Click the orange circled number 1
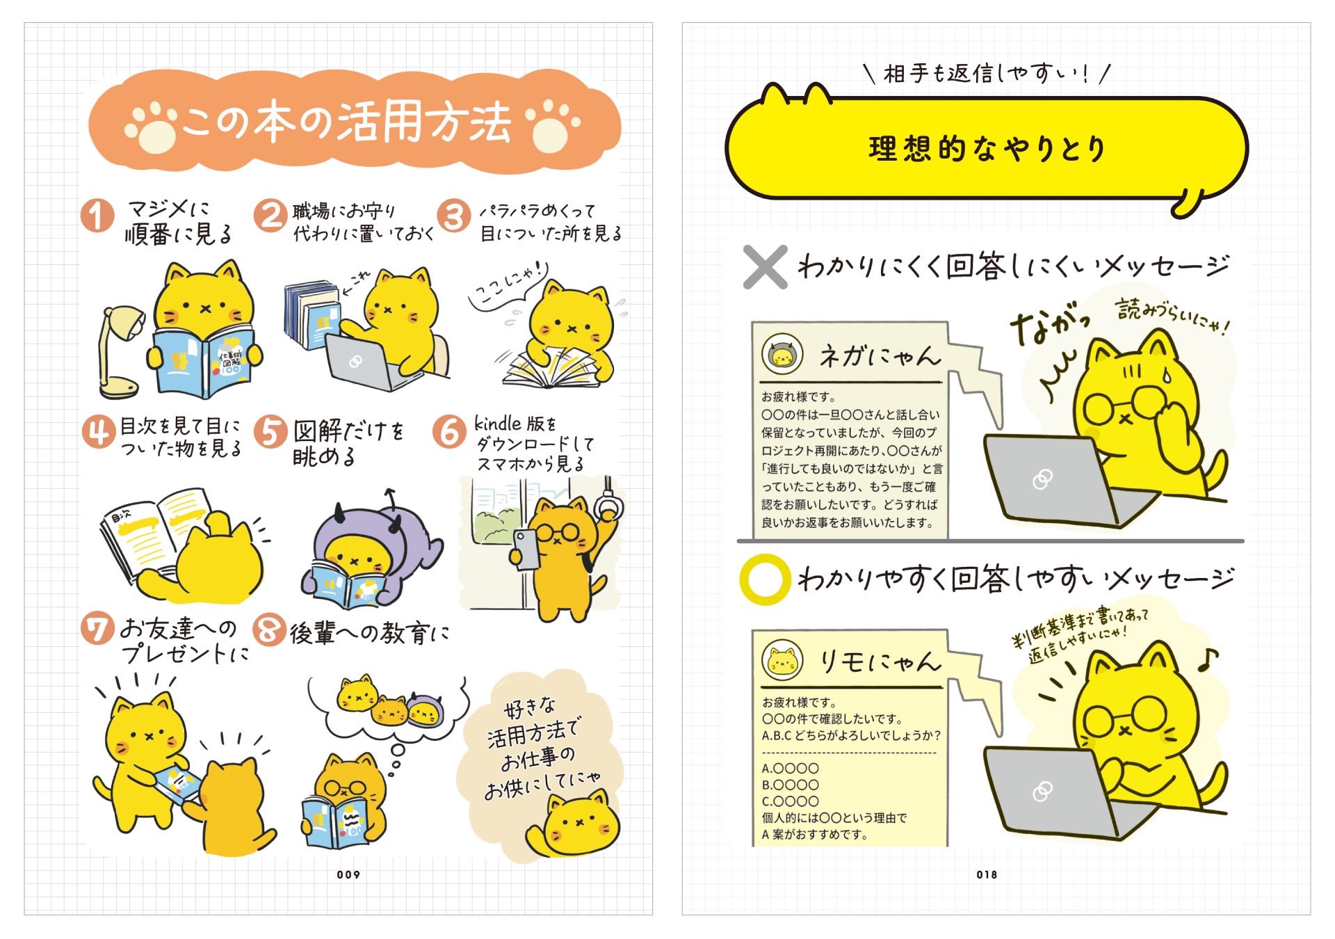[97, 216]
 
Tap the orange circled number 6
[449, 431]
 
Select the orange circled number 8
[270, 630]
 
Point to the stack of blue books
[312, 313]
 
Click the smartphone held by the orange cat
[526, 549]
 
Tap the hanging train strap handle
[609, 502]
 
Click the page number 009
[348, 874]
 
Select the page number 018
[987, 874]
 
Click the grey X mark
[765, 266]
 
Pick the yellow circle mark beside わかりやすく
[765, 579]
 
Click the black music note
[1208, 659]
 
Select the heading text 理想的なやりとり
[987, 148]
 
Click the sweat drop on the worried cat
[1167, 376]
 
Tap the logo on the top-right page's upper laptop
[1042, 479]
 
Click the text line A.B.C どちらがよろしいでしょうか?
[851, 736]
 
